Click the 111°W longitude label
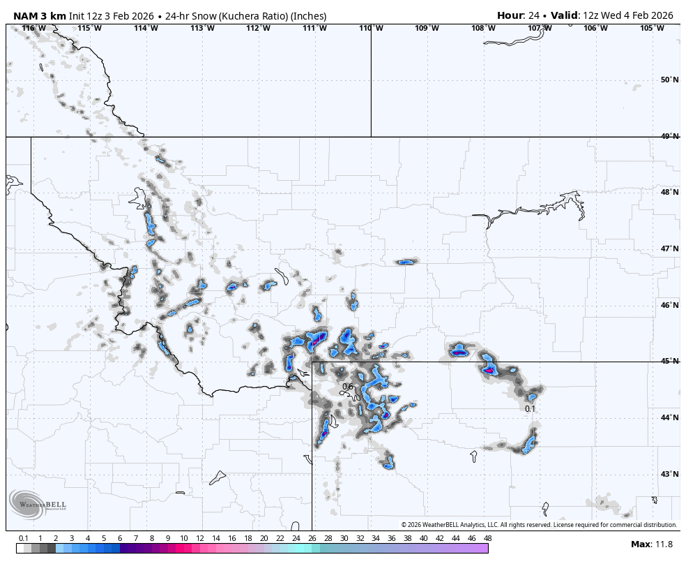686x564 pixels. pyautogui.click(x=314, y=28)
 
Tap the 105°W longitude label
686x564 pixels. pyautogui.click(x=652, y=28)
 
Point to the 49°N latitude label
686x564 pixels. pyautogui.click(x=669, y=136)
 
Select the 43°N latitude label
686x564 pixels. pyautogui.click(x=669, y=475)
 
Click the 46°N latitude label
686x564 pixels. pyautogui.click(x=669, y=305)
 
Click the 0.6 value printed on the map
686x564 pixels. pyautogui.click(x=348, y=387)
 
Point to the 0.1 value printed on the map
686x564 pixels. pyautogui.click(x=530, y=409)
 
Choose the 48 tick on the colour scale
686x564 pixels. pyautogui.click(x=487, y=538)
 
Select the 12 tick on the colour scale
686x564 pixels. pyautogui.click(x=200, y=538)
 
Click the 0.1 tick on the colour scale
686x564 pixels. pyautogui.click(x=24, y=538)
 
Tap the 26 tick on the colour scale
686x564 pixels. pyautogui.click(x=312, y=538)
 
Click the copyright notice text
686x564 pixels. pyautogui.click(x=539, y=525)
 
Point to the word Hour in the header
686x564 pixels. pyautogui.click(x=510, y=15)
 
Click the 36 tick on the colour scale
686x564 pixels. pyautogui.click(x=392, y=538)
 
